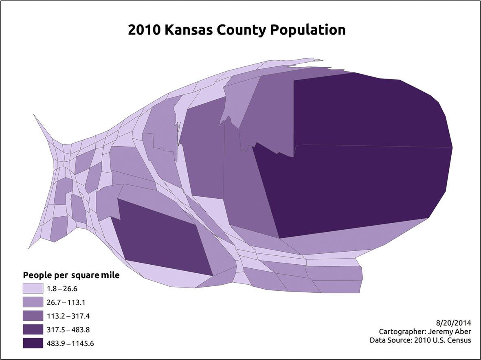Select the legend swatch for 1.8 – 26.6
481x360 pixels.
click(33, 289)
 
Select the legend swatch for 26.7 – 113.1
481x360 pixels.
click(33, 302)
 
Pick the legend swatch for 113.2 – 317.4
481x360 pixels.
click(33, 316)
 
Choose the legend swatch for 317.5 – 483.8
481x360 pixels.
click(33, 329)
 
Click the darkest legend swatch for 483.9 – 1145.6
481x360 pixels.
click(33, 343)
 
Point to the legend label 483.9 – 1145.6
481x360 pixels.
click(71, 343)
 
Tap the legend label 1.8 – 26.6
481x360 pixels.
click(62, 289)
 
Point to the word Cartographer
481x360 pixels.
click(402, 331)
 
